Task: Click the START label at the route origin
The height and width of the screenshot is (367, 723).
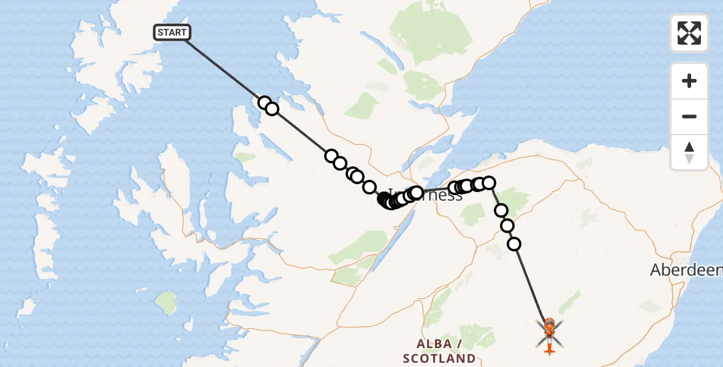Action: (172, 32)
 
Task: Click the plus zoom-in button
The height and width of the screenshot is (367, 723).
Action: (689, 81)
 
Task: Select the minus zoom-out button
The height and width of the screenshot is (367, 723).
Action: (689, 116)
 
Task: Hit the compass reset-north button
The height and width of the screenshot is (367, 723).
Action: (689, 152)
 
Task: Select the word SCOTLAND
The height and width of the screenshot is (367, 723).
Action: (439, 358)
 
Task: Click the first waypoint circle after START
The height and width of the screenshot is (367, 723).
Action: (265, 103)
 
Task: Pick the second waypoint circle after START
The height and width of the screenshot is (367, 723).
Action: (272, 109)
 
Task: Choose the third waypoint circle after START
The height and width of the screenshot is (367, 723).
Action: (331, 156)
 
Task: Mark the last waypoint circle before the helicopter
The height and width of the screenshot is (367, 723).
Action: (514, 244)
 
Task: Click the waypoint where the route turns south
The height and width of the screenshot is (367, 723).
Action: (489, 182)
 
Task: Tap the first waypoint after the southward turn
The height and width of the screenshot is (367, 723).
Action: (501, 210)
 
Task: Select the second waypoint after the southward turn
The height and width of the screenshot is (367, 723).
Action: (507, 226)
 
